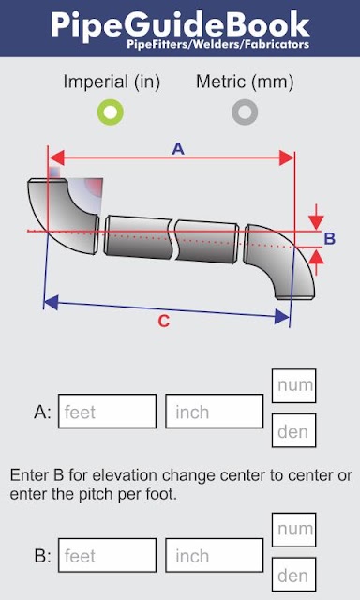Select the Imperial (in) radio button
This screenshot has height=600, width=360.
(111, 112)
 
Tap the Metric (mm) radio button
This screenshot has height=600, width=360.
(245, 112)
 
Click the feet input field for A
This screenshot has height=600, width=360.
(107, 411)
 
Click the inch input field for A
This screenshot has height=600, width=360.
(215, 411)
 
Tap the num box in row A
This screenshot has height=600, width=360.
(293, 385)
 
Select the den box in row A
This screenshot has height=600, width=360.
(293, 430)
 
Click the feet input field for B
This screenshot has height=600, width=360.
(107, 555)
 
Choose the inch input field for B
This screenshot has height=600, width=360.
(215, 555)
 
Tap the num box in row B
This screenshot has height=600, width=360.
(293, 530)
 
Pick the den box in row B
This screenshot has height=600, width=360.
(293, 575)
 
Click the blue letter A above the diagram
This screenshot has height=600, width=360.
(178, 149)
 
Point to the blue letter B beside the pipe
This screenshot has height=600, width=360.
(330, 239)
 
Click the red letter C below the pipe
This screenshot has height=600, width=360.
(164, 322)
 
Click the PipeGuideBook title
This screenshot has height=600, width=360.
(180, 24)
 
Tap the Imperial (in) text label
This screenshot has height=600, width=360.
(112, 82)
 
